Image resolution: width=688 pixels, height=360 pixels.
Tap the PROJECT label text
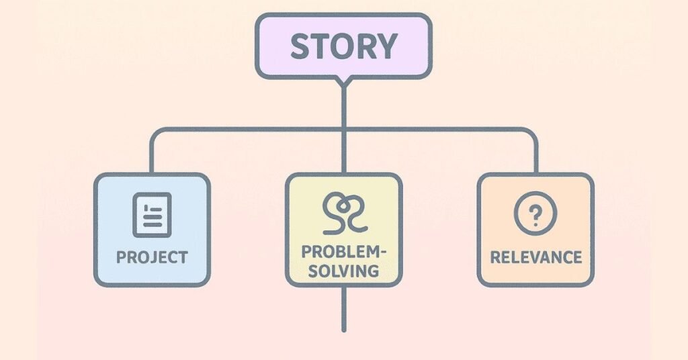tap(152, 257)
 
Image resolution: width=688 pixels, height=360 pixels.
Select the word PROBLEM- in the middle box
tap(343, 252)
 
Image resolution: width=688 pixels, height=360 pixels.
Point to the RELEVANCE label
tap(535, 257)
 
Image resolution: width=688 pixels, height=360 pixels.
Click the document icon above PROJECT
tap(152, 214)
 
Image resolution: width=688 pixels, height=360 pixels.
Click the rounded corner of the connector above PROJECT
tap(155, 132)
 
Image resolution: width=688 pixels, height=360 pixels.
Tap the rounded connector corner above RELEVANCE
tap(532, 132)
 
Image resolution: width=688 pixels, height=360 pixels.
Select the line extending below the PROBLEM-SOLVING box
tap(343, 309)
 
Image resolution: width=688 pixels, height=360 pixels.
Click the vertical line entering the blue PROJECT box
tap(151, 158)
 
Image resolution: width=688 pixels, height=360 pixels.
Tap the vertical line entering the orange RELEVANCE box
tap(536, 158)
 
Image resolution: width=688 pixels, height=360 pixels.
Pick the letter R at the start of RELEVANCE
tap(494, 257)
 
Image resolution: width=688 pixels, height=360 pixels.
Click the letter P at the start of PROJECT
tap(122, 257)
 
